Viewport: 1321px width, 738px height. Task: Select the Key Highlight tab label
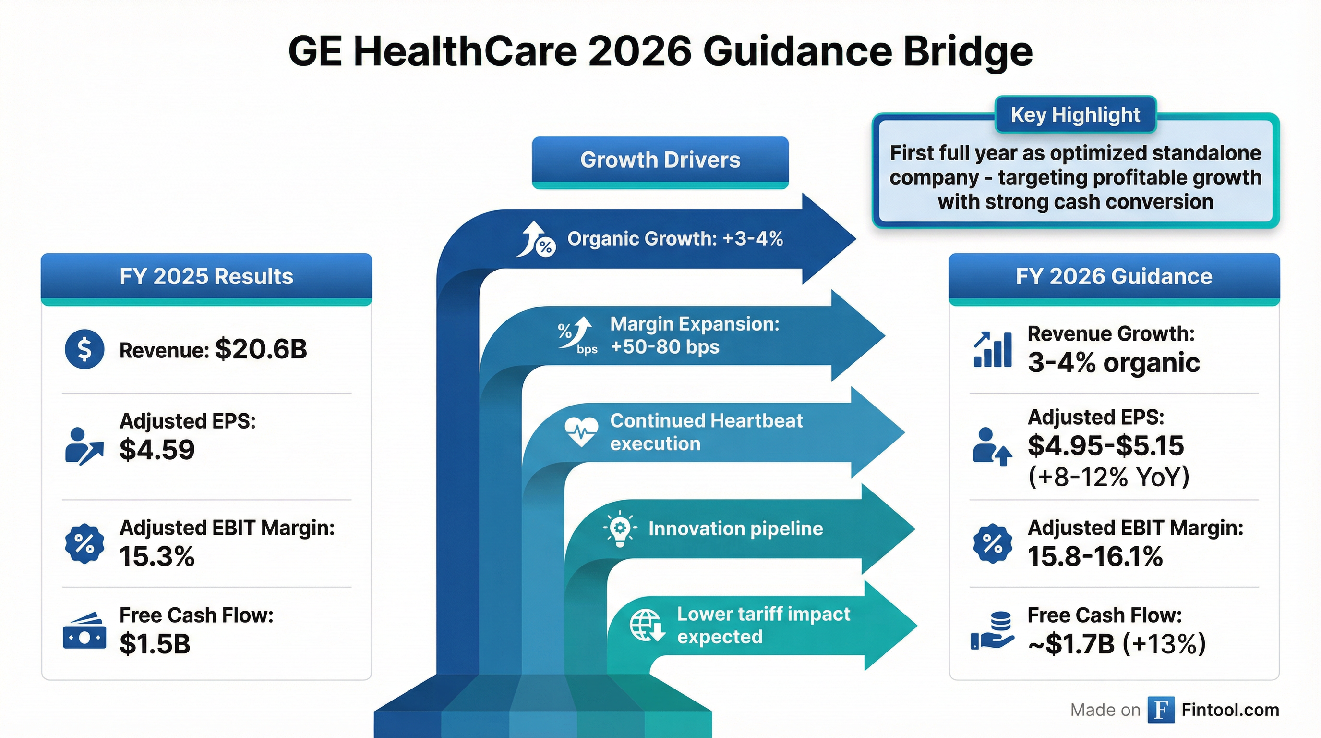coord(1075,115)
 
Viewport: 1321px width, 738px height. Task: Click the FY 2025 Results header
coord(206,277)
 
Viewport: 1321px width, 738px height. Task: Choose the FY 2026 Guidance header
coord(1114,277)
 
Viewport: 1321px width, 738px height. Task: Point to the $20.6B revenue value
coord(261,349)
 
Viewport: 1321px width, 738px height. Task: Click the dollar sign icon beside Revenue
coord(84,349)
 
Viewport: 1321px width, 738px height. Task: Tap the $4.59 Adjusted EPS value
coord(157,450)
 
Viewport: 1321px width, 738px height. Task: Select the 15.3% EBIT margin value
coord(157,556)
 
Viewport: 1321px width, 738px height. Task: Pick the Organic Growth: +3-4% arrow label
coord(675,239)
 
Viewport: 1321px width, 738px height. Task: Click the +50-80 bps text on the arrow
coord(665,347)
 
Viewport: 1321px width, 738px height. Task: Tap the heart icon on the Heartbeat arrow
coord(581,431)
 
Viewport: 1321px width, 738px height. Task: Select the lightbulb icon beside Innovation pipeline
coord(620,529)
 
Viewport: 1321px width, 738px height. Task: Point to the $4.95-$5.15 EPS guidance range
coord(1105,446)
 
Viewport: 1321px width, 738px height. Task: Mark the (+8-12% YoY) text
coord(1109,477)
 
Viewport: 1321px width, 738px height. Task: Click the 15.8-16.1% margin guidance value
coord(1095,556)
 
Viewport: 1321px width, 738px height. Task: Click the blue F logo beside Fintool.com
coord(1161,710)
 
